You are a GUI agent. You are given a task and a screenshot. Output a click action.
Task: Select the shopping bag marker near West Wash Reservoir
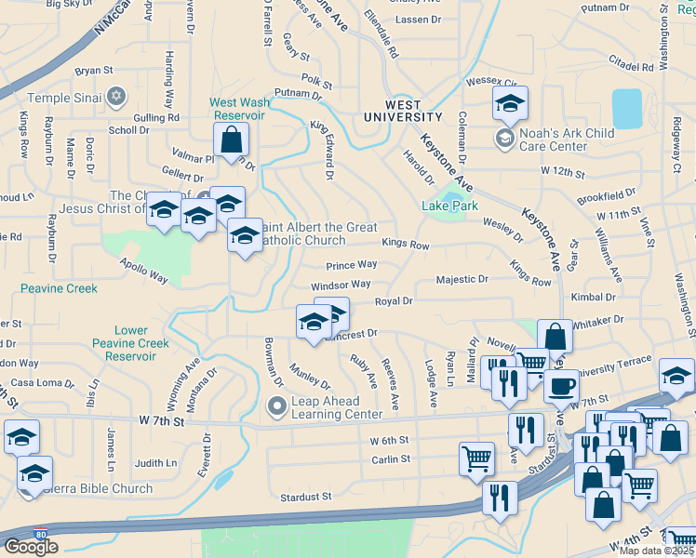[x=232, y=140]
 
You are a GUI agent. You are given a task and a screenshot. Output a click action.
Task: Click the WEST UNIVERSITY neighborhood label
[x=402, y=112]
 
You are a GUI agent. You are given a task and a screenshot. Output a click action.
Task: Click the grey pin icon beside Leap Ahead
[x=276, y=406]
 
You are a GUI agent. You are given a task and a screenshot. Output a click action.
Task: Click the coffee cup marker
[x=562, y=386]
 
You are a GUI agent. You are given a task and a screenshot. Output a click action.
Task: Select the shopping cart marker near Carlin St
[x=475, y=458]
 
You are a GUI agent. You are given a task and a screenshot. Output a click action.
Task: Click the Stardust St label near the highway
[x=306, y=498]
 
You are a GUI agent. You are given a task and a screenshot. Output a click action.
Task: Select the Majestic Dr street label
[x=462, y=279]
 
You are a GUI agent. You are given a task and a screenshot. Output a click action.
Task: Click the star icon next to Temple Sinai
[x=116, y=96]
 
